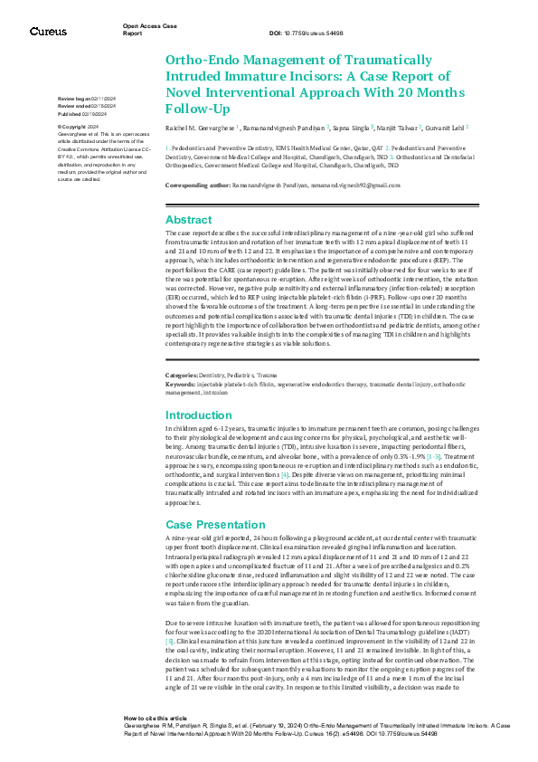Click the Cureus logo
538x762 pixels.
pyautogui.click(x=48, y=31)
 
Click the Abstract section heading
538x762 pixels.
pyautogui.click(x=189, y=219)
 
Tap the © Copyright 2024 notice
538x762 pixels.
pyautogui.click(x=81, y=127)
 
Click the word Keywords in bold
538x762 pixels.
pyautogui.click(x=181, y=384)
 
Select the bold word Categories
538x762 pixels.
pyautogui.click(x=184, y=375)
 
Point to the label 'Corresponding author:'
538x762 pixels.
pyautogui.click(x=201, y=185)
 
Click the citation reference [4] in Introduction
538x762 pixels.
pyautogui.click(x=285, y=473)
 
